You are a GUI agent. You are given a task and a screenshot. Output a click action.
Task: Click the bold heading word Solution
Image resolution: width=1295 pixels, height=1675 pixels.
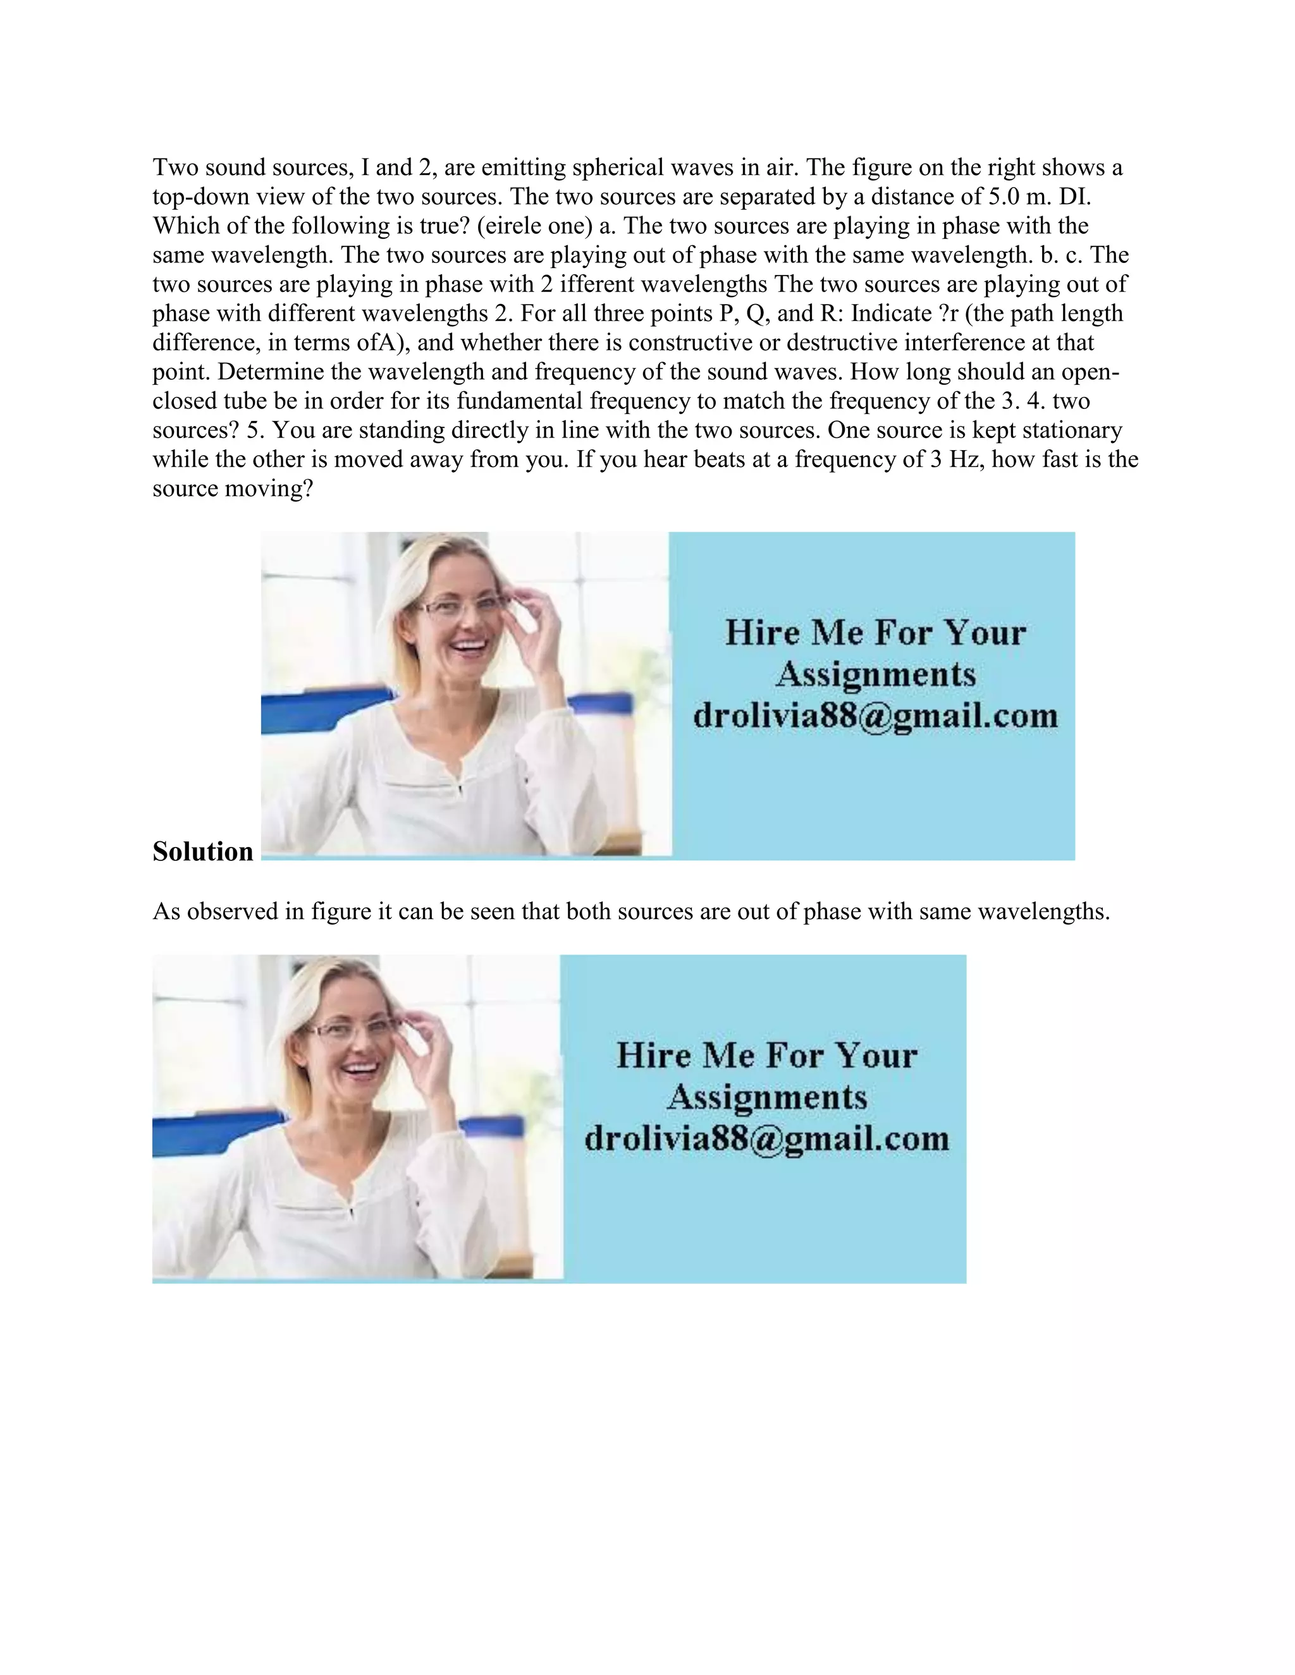(202, 852)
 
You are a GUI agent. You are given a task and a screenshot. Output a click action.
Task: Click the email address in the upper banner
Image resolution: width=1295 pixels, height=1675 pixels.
(875, 716)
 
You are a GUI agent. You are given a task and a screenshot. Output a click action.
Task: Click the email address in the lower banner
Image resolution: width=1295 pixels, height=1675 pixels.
(766, 1138)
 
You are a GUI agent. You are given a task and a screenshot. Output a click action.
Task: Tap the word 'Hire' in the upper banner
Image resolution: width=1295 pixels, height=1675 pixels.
(756, 633)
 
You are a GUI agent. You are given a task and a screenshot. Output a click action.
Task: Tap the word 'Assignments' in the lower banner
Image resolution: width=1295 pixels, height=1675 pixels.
(766, 1097)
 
